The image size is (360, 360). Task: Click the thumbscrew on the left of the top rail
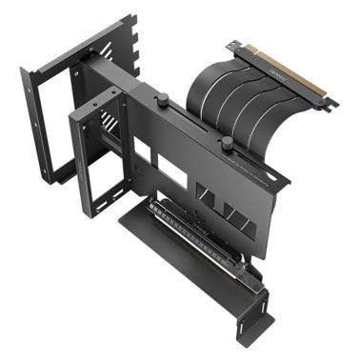pos(162,97)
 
